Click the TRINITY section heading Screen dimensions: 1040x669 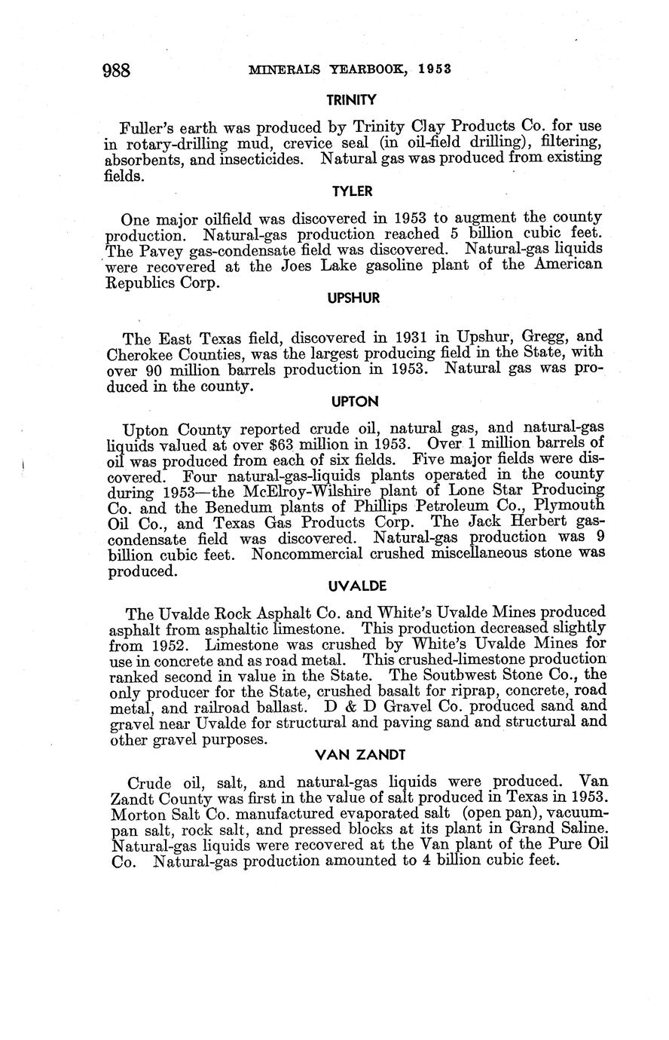coord(350,99)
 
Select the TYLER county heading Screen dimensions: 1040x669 coord(352,191)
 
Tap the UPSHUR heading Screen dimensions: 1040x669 coord(353,298)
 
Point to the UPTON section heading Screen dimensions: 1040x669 coord(353,402)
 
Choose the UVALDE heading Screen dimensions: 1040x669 coord(353,585)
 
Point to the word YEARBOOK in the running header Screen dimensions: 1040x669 coord(348,69)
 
